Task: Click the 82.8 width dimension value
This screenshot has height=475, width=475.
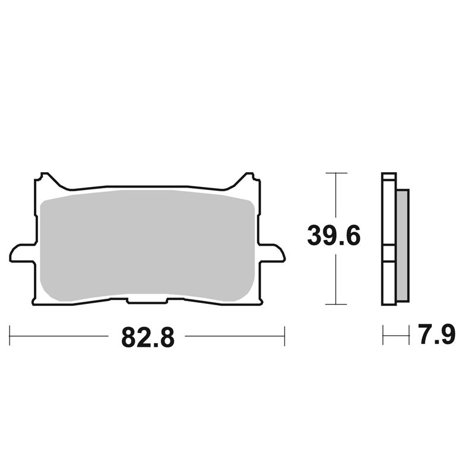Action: [x=147, y=337]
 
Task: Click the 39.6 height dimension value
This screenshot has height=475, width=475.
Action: [x=334, y=236]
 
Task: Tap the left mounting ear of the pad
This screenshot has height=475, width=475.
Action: [x=23, y=253]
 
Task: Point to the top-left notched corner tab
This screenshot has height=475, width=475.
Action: [x=43, y=178]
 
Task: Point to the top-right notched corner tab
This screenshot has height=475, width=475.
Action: [x=250, y=178]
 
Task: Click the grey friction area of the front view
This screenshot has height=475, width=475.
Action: [x=148, y=243]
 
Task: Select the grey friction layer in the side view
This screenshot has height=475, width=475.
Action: [x=402, y=243]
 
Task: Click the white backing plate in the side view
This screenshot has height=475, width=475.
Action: [x=388, y=214]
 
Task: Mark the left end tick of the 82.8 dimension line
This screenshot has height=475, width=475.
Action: [x=11, y=336]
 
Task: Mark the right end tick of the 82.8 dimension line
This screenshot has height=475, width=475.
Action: [x=285, y=336]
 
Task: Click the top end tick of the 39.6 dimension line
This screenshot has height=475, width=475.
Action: [x=336, y=173]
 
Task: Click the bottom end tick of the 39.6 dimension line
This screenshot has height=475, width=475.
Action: [x=336, y=304]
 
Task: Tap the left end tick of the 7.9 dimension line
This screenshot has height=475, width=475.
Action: [x=383, y=336]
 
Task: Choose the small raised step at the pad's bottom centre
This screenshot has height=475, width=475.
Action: [x=147, y=300]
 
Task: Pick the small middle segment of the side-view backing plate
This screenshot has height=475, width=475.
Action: [x=388, y=254]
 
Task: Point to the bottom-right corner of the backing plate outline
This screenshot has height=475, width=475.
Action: [x=261, y=303]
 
